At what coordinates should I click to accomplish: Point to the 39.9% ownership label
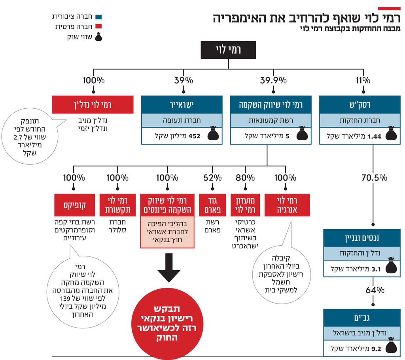273,81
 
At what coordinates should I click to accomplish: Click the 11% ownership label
363,81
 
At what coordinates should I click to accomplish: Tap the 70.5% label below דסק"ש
374,177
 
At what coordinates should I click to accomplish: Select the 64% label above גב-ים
375,290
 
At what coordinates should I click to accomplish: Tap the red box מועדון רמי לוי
246,205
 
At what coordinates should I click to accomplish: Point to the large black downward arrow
169,268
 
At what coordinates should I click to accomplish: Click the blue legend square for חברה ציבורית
99,17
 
